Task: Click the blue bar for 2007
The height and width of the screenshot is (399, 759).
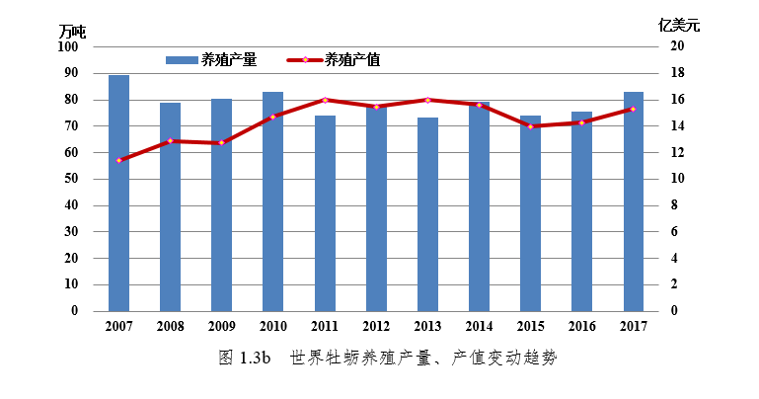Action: point(118,194)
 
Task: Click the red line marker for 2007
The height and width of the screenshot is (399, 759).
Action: point(118,160)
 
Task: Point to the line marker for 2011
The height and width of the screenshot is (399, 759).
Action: point(325,100)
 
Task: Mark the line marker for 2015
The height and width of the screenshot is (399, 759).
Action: point(530,126)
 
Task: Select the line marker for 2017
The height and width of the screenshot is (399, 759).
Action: point(634,109)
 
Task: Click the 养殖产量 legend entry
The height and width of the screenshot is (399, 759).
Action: point(211,59)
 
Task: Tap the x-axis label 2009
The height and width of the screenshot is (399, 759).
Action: point(221,327)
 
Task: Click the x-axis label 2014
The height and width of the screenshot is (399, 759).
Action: point(479,327)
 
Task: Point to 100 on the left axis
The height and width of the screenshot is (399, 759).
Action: point(68,46)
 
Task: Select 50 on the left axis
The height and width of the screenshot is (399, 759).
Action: point(71,179)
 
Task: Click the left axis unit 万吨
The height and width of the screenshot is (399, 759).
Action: point(72,32)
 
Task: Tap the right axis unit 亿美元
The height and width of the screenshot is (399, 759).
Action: point(678,25)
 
